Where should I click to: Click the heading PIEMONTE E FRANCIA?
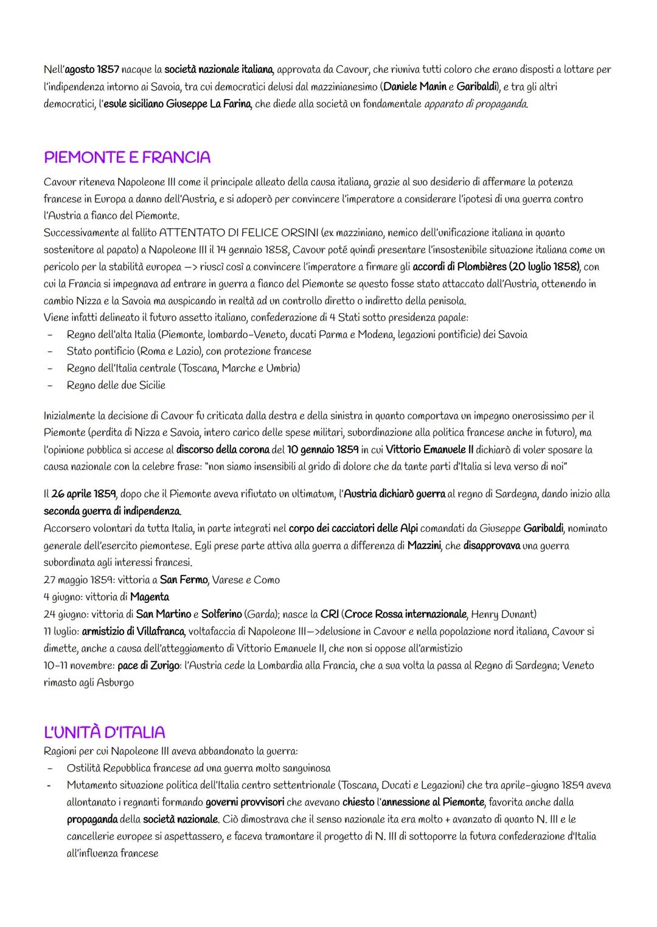tap(127, 157)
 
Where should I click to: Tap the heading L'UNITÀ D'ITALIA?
tap(105, 732)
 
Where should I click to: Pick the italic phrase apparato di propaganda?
tap(476, 104)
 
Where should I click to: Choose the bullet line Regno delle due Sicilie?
tap(116, 385)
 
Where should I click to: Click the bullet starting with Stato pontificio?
tap(189, 351)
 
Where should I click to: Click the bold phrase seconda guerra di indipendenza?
tap(112, 511)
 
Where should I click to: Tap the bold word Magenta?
tap(150, 597)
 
